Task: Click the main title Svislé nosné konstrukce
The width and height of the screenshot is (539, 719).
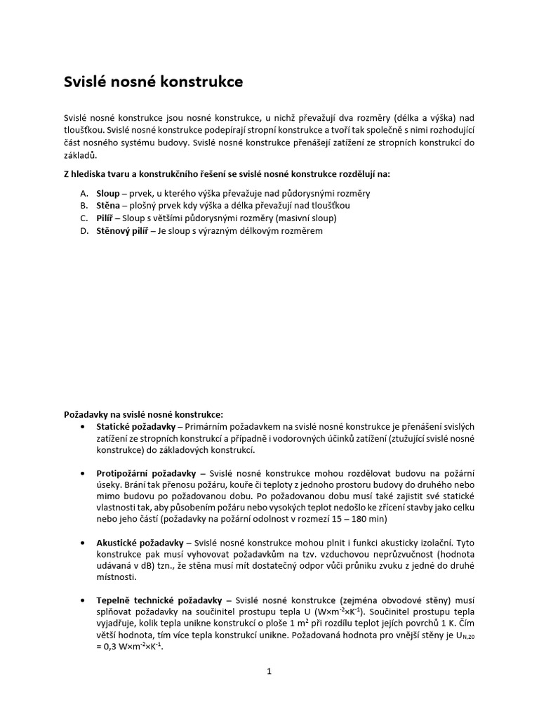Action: [x=154, y=82]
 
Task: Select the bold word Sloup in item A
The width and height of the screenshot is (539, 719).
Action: [x=107, y=192]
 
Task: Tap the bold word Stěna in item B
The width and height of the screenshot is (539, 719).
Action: [x=107, y=205]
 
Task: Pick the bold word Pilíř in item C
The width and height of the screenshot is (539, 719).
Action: [x=105, y=218]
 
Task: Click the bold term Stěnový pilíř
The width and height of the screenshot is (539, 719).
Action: [x=122, y=230]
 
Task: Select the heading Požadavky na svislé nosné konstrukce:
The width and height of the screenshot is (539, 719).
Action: [x=143, y=414]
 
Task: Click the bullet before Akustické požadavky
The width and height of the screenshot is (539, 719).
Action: [x=84, y=543]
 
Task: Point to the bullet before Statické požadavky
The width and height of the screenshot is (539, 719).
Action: [x=84, y=426]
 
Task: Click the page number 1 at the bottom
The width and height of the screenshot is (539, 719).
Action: [x=269, y=671]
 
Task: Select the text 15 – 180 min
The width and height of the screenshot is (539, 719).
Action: [x=354, y=519]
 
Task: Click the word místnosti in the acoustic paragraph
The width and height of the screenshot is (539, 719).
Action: [x=117, y=576]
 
